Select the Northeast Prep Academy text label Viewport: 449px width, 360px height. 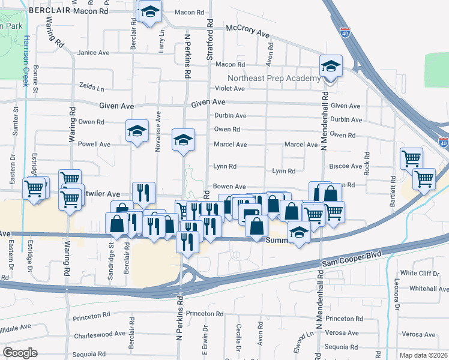coord(274,79)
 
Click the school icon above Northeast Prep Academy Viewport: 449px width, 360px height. coord(330,67)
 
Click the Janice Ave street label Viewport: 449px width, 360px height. coord(93,53)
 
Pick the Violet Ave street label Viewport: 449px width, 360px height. coord(230,89)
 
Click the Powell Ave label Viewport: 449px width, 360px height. coord(94,145)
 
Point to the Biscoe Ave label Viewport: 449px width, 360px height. coord(346,166)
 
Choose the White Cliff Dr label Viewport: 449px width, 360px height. coord(421,273)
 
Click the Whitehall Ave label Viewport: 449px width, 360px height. coord(424,289)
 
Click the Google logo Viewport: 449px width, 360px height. coord(20,352)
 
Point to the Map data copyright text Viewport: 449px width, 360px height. coord(424,355)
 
